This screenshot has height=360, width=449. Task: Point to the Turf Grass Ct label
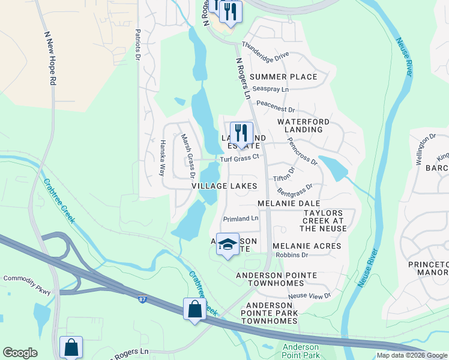[239, 158]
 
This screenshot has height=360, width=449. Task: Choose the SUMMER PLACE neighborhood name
[283, 77]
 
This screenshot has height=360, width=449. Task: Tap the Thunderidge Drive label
[265, 52]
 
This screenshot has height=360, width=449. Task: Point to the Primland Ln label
[240, 219]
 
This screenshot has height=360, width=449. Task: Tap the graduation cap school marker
[228, 244]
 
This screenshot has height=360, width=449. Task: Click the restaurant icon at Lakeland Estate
[241, 133]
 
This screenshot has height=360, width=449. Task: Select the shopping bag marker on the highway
[195, 310]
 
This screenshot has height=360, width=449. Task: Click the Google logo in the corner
[20, 353]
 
